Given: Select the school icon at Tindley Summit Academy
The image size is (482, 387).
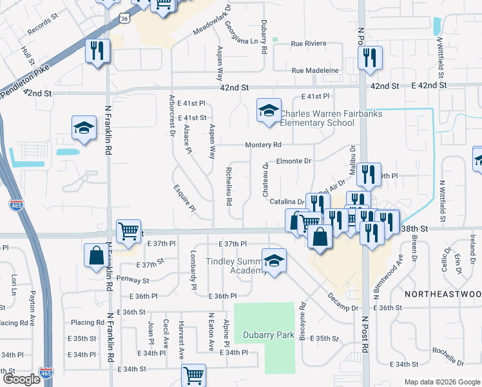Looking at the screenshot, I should (274, 261).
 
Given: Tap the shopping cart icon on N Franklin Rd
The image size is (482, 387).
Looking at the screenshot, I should (129, 230).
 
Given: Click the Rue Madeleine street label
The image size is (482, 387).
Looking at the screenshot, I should (315, 70).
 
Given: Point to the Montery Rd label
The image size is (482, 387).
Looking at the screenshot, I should (263, 145).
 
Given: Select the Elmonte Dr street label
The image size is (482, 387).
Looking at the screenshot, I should (294, 161).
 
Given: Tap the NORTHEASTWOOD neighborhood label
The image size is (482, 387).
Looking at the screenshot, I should (443, 293).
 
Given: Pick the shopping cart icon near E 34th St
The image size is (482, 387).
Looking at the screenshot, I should (193, 375).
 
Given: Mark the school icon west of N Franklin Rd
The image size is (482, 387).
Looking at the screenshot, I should (84, 128).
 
